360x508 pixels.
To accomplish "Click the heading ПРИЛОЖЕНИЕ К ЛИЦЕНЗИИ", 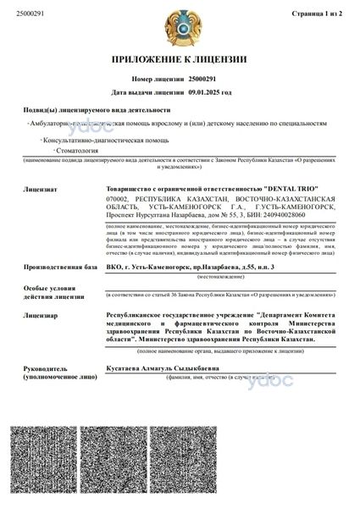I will (x=180, y=59).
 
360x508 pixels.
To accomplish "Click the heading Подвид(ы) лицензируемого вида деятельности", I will (x=97, y=110).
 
